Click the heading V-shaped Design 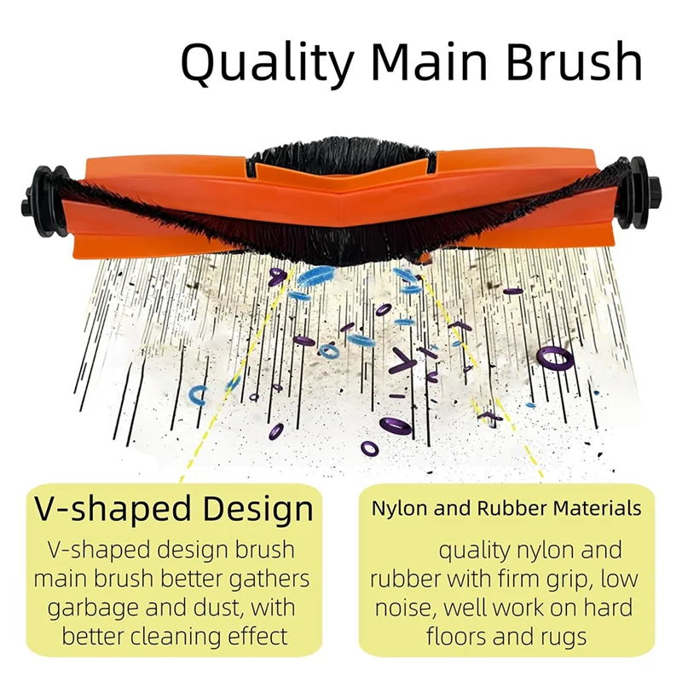click(175, 509)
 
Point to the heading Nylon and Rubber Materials click(506, 509)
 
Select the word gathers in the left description click(263, 580)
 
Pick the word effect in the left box click(261, 636)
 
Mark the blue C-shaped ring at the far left click(198, 395)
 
